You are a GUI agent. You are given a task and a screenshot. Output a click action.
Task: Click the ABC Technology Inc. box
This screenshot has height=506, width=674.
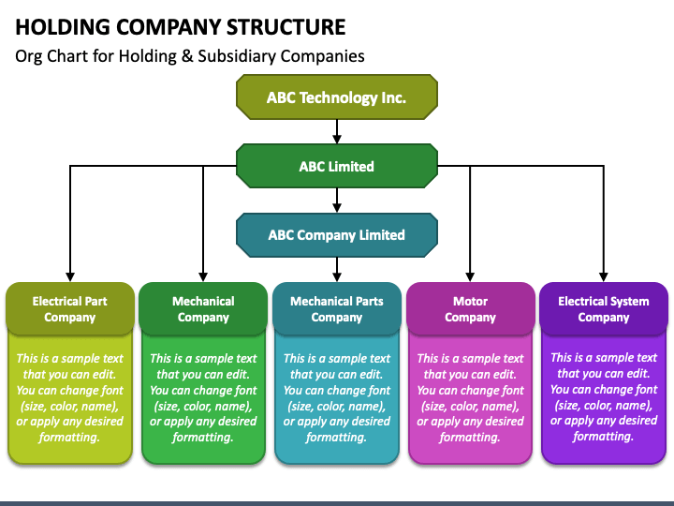coord(337,97)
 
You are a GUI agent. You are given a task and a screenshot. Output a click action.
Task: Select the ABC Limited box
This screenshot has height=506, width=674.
coord(337,166)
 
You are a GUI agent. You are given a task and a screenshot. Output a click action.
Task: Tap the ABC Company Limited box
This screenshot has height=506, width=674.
coord(337,235)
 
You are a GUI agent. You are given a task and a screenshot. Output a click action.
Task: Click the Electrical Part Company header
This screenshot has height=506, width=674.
coord(70,309)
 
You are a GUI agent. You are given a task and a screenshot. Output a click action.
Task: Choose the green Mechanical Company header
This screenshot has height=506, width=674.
coord(203,309)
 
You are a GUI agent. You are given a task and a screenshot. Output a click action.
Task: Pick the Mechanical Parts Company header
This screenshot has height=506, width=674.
coord(337,309)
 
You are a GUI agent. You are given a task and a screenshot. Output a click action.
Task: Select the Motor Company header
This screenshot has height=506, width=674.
coord(470,309)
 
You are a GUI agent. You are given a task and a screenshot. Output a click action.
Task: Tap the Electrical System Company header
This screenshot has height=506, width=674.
coord(604,309)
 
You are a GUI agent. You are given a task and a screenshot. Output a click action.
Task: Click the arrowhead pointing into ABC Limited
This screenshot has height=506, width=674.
coord(337,139)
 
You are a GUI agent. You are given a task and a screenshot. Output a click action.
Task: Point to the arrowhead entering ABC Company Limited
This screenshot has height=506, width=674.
coord(337,208)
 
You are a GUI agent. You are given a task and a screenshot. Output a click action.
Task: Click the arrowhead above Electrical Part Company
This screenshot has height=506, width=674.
coord(70,277)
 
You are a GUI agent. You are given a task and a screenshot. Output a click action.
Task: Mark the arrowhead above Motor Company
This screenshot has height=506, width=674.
coord(470,277)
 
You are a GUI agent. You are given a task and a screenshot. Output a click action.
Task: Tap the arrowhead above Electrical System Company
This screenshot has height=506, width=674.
coord(604,277)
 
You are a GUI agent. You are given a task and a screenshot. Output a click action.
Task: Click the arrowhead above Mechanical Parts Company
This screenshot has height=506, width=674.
coord(337,277)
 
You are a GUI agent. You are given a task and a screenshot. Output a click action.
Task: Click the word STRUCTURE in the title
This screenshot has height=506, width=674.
coord(286,27)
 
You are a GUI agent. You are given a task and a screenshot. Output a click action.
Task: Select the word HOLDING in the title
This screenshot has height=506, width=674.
coord(63,27)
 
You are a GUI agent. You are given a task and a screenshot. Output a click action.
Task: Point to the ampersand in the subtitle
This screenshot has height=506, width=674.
coord(187,56)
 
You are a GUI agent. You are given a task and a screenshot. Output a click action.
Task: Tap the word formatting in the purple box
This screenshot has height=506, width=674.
coord(604,437)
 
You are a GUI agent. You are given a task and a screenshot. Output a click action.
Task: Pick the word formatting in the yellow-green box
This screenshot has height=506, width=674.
coord(69,438)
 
